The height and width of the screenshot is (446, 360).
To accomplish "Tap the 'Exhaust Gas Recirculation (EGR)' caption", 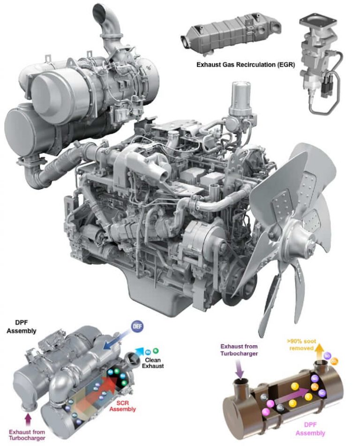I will (246, 65).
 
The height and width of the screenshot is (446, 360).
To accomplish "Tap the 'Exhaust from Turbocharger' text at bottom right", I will (238, 350).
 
